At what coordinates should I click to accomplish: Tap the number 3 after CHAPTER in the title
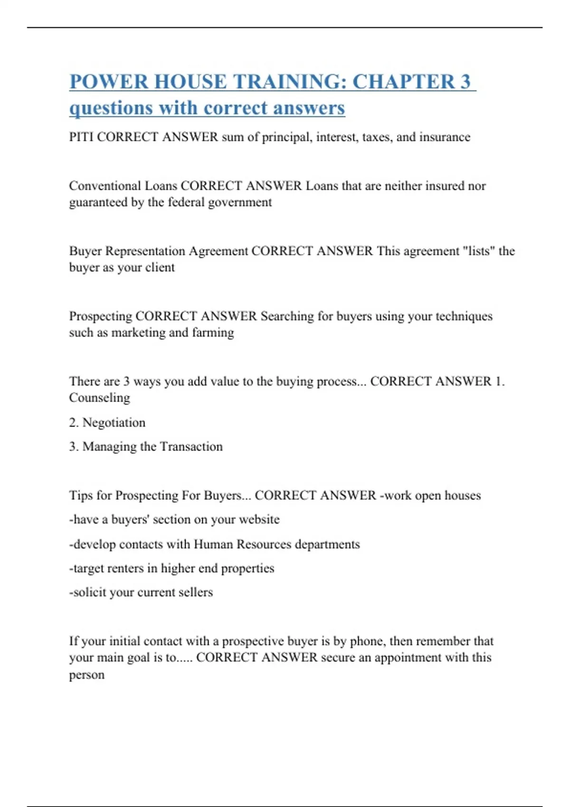465,82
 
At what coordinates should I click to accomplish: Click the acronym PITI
81,137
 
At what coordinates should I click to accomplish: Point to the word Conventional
104,186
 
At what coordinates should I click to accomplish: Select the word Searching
287,316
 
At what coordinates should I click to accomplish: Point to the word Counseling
99,398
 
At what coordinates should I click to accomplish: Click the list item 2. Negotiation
107,422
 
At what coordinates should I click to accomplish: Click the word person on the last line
86,675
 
